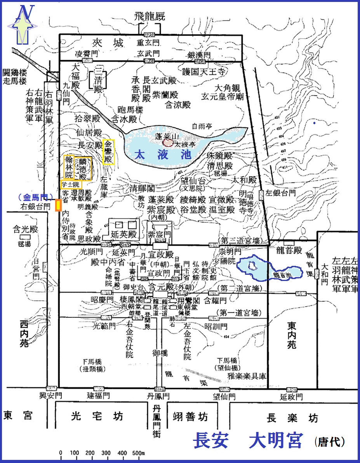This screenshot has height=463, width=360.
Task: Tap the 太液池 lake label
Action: (x=163, y=155)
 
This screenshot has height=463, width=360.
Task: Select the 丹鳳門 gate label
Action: (x=158, y=396)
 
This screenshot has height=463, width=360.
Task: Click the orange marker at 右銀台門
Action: (x=58, y=205)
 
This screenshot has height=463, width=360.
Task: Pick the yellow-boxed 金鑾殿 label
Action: (x=109, y=152)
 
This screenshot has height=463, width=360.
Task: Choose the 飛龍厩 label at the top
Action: (x=150, y=16)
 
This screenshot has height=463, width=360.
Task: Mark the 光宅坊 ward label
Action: (x=97, y=416)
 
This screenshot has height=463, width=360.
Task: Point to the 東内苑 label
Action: (x=292, y=334)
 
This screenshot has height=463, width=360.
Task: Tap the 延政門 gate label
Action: (x=291, y=396)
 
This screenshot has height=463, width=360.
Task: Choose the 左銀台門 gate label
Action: (x=281, y=192)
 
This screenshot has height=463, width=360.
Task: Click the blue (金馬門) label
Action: (x=35, y=197)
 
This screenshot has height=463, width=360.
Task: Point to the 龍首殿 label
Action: (x=288, y=251)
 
